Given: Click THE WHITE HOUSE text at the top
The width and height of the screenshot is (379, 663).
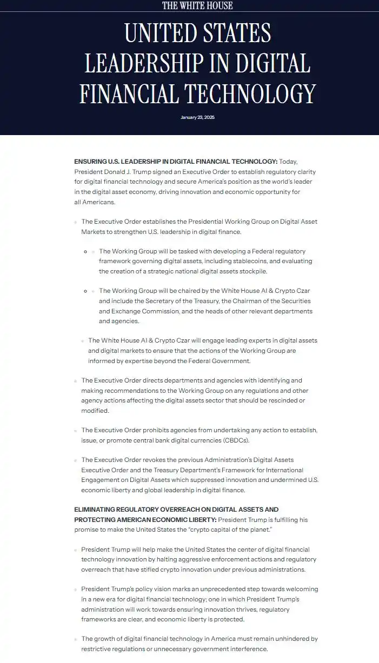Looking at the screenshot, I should pyautogui.click(x=197, y=5).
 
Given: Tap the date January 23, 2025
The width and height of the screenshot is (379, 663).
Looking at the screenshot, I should pyautogui.click(x=197, y=117).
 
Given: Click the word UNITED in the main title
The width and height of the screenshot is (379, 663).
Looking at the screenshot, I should pyautogui.click(x=158, y=34).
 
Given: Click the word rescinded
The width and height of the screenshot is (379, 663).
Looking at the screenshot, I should pyautogui.click(x=282, y=400).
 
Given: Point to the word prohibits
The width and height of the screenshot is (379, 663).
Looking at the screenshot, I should pyautogui.click(x=165, y=430).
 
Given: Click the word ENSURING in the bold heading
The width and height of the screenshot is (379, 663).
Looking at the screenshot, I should pyautogui.click(x=90, y=162).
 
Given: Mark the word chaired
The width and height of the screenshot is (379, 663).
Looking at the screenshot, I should pyautogui.click(x=181, y=291).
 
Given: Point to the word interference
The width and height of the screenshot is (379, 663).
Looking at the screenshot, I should pyautogui.click(x=247, y=648).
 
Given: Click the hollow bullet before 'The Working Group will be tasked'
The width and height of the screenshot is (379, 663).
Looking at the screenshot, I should pyautogui.click(x=85, y=251).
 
